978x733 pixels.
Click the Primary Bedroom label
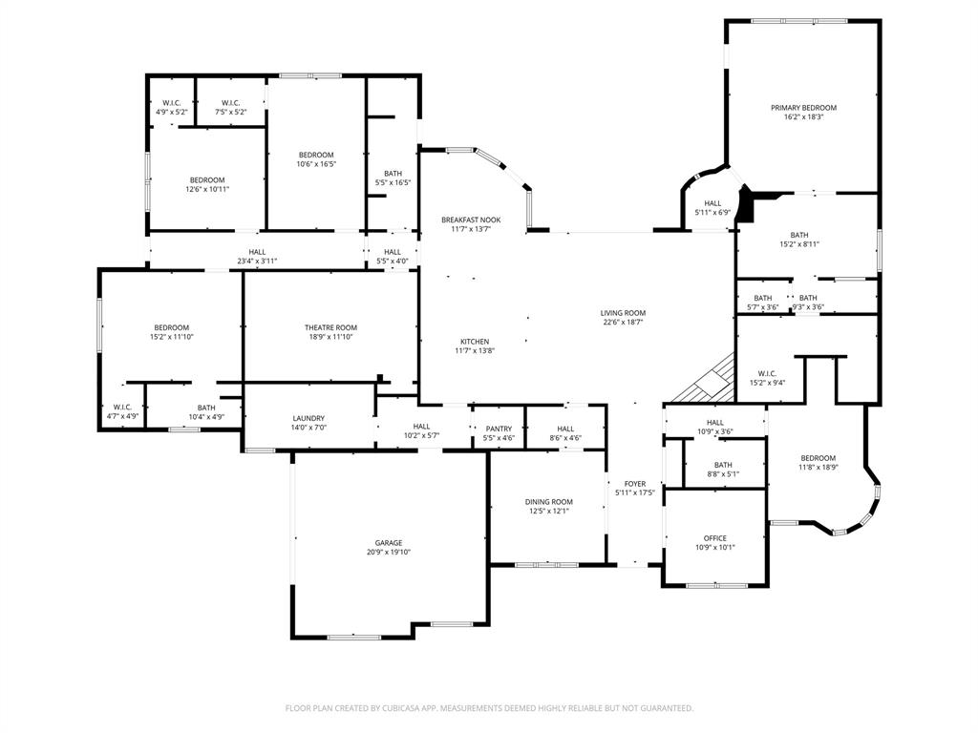(803, 108)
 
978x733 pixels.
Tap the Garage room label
(388, 542)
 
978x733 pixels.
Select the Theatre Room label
(330, 327)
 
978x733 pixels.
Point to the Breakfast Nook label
(470, 220)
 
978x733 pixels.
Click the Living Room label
(623, 313)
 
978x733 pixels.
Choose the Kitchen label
(474, 342)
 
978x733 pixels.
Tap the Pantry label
(499, 429)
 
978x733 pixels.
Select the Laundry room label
(308, 418)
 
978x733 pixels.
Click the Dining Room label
(548, 502)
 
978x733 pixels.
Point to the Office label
(714, 538)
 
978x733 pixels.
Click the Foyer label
(635, 484)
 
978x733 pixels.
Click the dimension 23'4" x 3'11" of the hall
(257, 261)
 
